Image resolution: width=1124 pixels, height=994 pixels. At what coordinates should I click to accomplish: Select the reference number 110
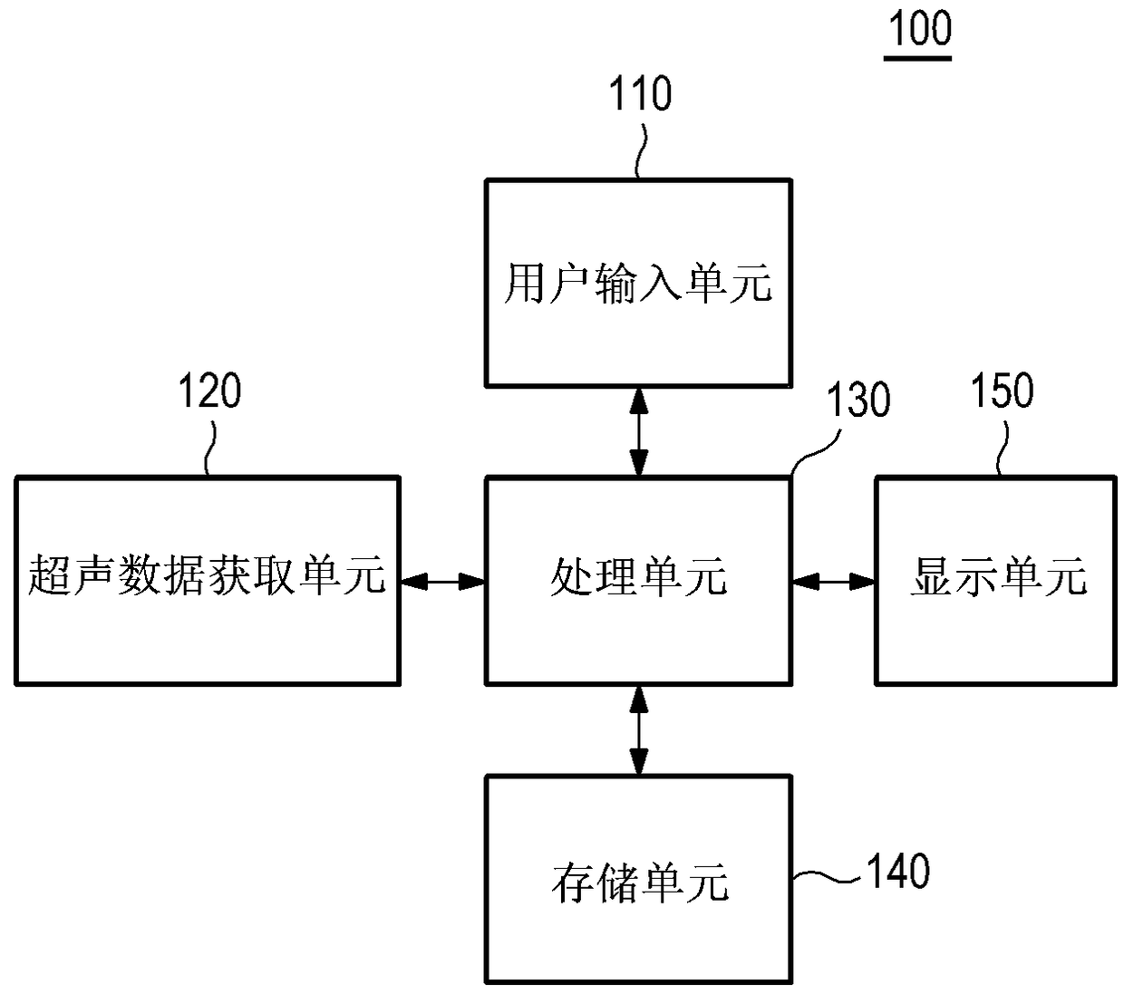640,93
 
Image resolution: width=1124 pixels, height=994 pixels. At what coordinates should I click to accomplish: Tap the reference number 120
209,391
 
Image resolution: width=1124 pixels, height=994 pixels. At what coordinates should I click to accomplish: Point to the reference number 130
858,400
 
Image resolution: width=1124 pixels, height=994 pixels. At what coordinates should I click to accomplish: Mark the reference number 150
1002,391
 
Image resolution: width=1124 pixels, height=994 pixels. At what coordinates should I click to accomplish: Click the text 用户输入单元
638,284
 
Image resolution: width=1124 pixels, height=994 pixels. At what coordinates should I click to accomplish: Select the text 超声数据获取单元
207,575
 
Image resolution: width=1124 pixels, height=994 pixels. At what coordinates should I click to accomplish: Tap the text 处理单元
638,576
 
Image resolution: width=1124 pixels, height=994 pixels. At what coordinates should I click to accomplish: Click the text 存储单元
640,883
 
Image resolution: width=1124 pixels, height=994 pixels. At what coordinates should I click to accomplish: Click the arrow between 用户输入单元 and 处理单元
638,431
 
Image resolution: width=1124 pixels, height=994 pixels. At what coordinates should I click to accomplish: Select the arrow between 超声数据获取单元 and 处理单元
442,582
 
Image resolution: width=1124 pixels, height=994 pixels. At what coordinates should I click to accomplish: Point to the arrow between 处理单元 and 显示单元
833,582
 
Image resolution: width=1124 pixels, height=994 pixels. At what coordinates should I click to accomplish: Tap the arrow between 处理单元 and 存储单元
638,730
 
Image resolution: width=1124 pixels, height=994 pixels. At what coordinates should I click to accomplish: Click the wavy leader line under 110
640,151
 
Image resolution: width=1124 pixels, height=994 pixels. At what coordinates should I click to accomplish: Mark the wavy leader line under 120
210,449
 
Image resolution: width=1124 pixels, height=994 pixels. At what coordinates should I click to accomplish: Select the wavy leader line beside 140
826,876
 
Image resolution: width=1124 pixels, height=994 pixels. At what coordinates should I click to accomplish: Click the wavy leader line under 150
1003,449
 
